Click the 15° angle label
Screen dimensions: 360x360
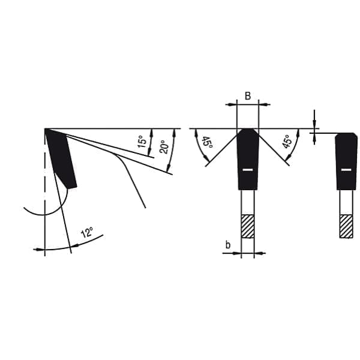(x=142, y=142)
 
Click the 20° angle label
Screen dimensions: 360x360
(x=164, y=147)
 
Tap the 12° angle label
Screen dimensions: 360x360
(x=87, y=232)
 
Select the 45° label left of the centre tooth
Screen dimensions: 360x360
(x=208, y=143)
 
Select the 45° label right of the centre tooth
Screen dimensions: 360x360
(x=287, y=142)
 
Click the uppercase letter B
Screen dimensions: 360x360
(x=248, y=96)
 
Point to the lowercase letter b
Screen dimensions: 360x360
(x=228, y=245)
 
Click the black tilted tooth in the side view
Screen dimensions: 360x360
(x=61, y=158)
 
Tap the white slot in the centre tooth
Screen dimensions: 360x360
(x=248, y=170)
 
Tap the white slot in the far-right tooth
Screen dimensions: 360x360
(x=346, y=170)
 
